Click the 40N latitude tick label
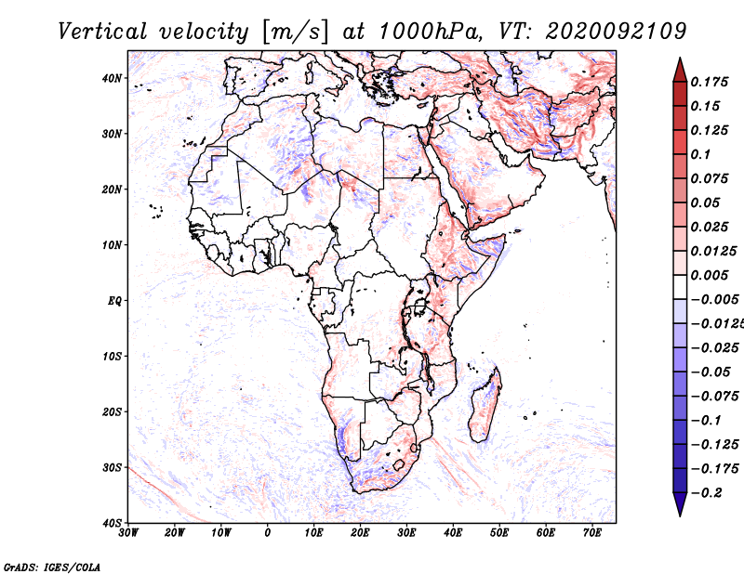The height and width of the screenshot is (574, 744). (x=112, y=78)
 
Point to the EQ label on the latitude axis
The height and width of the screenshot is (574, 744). (x=114, y=301)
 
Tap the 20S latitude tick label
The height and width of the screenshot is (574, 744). (x=112, y=411)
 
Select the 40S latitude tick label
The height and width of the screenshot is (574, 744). (x=112, y=523)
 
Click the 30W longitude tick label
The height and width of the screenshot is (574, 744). (x=128, y=533)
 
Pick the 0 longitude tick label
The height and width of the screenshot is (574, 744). (x=268, y=533)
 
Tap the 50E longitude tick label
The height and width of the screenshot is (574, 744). (x=499, y=533)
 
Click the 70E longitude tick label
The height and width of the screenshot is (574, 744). (x=592, y=533)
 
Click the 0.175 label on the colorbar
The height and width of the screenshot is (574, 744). (x=710, y=82)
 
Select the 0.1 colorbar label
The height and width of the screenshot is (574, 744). (x=701, y=154)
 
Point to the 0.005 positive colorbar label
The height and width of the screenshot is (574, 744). (x=710, y=275)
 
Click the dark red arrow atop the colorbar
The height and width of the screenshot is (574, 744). (x=680, y=72)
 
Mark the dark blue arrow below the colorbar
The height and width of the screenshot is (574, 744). (x=680, y=503)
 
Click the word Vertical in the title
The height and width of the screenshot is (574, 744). (x=102, y=32)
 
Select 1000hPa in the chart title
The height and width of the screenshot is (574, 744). (x=428, y=32)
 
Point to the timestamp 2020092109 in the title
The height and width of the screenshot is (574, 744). (x=616, y=32)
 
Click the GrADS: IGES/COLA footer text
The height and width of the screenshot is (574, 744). (x=52, y=567)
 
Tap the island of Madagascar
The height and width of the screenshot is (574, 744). (x=485, y=405)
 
